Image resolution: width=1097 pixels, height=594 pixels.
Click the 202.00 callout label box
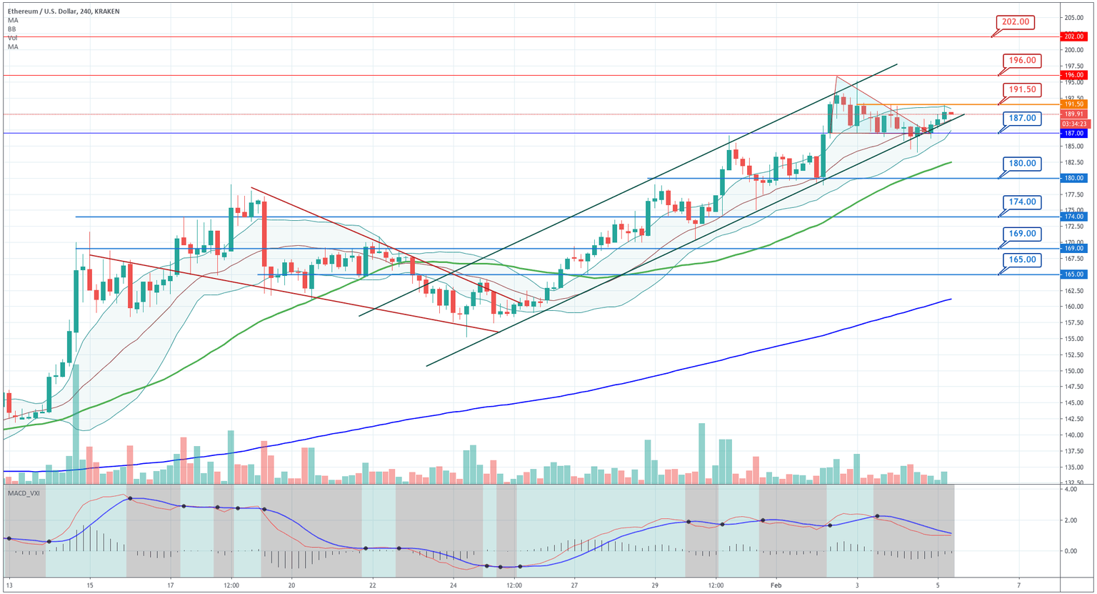coord(1015,22)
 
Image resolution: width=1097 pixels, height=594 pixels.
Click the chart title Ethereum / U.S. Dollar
coord(50,11)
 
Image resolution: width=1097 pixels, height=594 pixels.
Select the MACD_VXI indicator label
coord(24,493)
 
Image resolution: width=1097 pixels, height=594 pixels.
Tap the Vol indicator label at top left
coord(13,38)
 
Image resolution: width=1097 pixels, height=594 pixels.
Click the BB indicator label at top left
coord(12,29)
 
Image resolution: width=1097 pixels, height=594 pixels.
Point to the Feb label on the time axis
coord(776,585)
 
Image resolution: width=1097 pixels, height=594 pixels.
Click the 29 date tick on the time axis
coord(654,585)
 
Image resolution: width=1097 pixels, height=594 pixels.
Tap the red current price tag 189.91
coord(1073,114)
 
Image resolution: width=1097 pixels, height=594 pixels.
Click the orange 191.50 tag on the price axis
coord(1073,104)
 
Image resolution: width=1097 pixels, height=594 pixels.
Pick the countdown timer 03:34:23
coord(1073,124)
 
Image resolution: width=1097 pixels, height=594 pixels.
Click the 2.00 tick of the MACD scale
coord(1070,520)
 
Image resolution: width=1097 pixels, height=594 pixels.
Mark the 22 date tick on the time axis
coord(373,585)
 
